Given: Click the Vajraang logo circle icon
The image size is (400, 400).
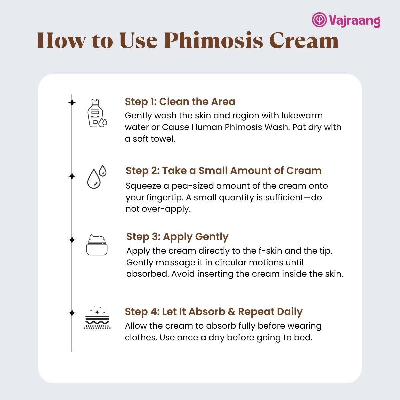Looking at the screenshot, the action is point(319,20).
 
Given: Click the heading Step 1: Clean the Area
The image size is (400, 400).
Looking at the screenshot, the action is point(180,102).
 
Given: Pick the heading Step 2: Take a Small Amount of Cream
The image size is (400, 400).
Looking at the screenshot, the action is point(224,171).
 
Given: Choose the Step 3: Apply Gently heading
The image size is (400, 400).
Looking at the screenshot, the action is point(177,237).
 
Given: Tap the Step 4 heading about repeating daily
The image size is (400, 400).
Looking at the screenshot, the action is point(214,312).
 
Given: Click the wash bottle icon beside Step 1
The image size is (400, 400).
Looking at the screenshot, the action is point(97,113).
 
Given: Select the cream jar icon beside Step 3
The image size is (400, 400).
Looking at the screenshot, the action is point(97,245).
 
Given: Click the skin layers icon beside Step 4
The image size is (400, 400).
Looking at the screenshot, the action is point(97,317).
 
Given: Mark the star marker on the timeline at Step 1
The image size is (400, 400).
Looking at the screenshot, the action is point(72,103).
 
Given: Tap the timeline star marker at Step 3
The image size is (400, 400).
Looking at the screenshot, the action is point(72,240).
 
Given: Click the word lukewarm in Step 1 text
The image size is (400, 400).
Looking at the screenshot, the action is point(302,116).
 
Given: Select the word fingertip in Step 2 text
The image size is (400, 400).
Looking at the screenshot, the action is point(164,198).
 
